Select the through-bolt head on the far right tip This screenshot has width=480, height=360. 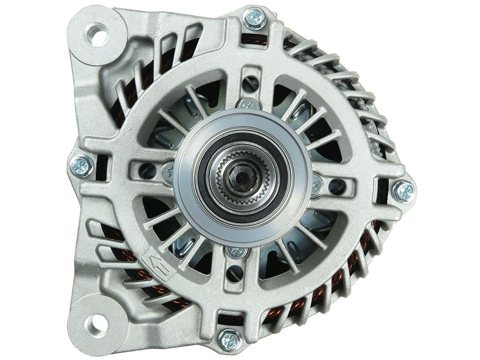(x=404, y=191)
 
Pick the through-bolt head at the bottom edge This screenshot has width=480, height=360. (x=230, y=340)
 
